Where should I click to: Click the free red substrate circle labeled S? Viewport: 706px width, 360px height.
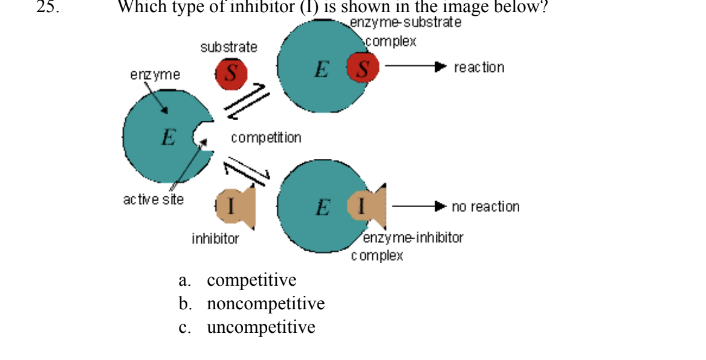pos(231,74)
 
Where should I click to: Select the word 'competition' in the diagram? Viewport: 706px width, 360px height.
pos(265,138)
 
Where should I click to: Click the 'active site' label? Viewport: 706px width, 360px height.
pos(153,199)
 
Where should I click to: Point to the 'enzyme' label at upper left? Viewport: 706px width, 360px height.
pos(155,75)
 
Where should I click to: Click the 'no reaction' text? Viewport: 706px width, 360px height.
pos(485,207)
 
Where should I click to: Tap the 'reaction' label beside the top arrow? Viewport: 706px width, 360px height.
pos(479,67)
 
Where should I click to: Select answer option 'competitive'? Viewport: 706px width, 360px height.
pos(251,280)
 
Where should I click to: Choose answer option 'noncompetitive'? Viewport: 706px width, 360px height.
pos(265,303)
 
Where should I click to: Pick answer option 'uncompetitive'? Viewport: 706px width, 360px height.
pos(261,327)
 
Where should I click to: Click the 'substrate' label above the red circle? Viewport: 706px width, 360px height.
pos(228,47)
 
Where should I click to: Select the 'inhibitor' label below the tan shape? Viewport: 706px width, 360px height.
pos(215,239)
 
